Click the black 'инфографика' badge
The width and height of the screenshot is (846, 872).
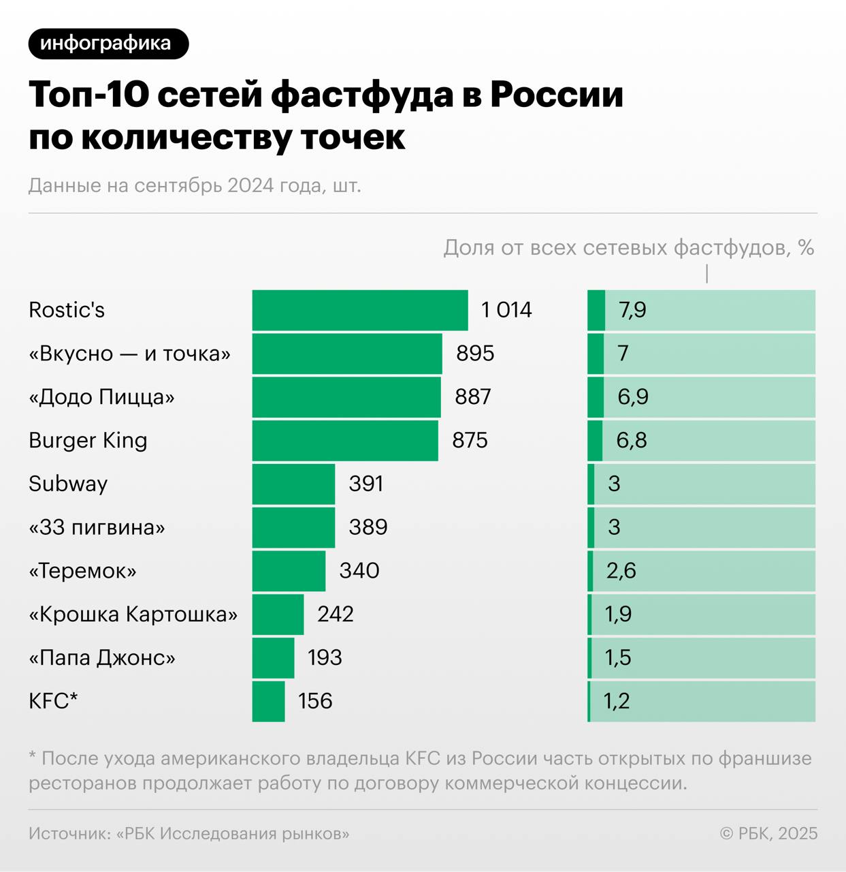[x=108, y=44]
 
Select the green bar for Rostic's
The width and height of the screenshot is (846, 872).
[x=359, y=310]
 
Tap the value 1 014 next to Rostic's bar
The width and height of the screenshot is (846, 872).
[x=506, y=310]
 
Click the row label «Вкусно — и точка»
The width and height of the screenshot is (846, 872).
[x=129, y=354]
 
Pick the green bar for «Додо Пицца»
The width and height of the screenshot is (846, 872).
[x=346, y=397]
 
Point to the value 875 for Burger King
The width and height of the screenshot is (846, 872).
[x=470, y=440]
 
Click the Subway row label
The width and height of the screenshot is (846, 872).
[x=68, y=484]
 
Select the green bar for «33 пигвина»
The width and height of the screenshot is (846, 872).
[x=293, y=527]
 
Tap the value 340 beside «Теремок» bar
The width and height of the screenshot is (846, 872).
[x=359, y=570]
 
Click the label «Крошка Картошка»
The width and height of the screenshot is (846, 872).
[x=133, y=614]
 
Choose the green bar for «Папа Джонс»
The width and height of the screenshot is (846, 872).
[x=273, y=657]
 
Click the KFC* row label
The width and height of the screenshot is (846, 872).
[x=53, y=701]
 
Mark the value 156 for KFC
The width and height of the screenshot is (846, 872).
[x=315, y=701]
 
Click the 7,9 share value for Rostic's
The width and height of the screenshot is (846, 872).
[x=632, y=310]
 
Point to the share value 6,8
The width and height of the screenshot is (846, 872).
[x=632, y=440]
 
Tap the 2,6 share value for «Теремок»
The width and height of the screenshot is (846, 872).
[x=621, y=570]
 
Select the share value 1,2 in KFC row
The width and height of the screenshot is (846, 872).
[x=617, y=701]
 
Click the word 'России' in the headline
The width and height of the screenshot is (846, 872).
[x=556, y=94]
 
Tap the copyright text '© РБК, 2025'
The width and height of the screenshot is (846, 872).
[x=768, y=833]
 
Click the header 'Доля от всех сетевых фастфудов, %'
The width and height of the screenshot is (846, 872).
[x=629, y=247]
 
